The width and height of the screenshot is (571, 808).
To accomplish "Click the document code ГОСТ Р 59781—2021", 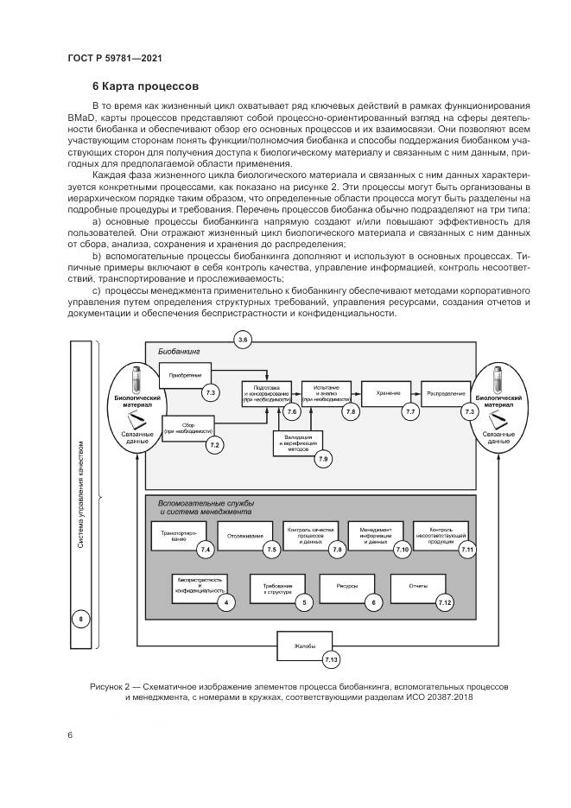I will tap(115, 58).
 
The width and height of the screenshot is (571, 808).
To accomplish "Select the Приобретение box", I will tap(185, 376).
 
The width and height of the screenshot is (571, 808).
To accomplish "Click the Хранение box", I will tap(388, 393).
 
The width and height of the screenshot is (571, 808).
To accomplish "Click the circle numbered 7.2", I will tap(214, 444).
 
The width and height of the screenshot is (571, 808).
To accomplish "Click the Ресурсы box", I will tap(346, 588).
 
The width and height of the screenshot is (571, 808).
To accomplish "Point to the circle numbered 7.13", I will tap(331, 661).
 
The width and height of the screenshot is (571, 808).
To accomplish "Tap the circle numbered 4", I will tap(226, 602).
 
